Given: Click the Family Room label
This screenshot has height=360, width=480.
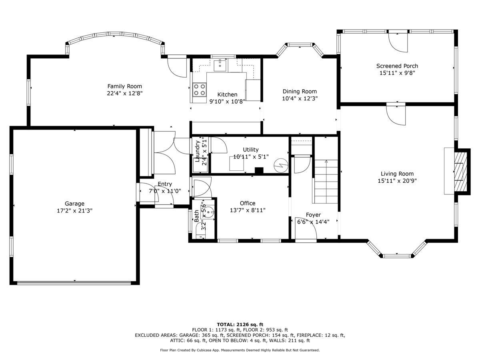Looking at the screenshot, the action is point(124,86).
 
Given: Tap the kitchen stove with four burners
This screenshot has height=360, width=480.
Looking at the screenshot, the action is point(200,90).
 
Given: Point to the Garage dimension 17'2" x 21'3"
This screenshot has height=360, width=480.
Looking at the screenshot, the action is point(74,211).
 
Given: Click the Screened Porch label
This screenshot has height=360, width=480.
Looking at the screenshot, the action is point(397,66).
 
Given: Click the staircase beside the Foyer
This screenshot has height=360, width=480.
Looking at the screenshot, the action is point(326,182).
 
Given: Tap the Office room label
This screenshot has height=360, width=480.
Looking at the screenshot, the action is point(248,203).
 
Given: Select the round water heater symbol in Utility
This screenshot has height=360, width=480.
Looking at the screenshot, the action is point(281,166).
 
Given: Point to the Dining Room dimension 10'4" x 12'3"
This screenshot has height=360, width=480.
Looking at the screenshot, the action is point(300,98).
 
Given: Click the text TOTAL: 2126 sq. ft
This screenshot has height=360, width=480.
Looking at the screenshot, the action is point(240,324).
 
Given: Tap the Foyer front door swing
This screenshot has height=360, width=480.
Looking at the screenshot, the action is point(306,229).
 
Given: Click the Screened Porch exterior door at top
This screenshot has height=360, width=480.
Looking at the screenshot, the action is point(398,43).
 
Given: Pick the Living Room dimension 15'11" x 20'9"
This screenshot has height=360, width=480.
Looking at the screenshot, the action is point(397,181).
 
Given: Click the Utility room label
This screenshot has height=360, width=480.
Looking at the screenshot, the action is point(251,150).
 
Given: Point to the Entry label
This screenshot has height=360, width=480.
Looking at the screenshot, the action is point(165,184).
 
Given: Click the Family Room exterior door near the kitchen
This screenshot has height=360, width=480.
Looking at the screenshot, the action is point(177,67).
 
